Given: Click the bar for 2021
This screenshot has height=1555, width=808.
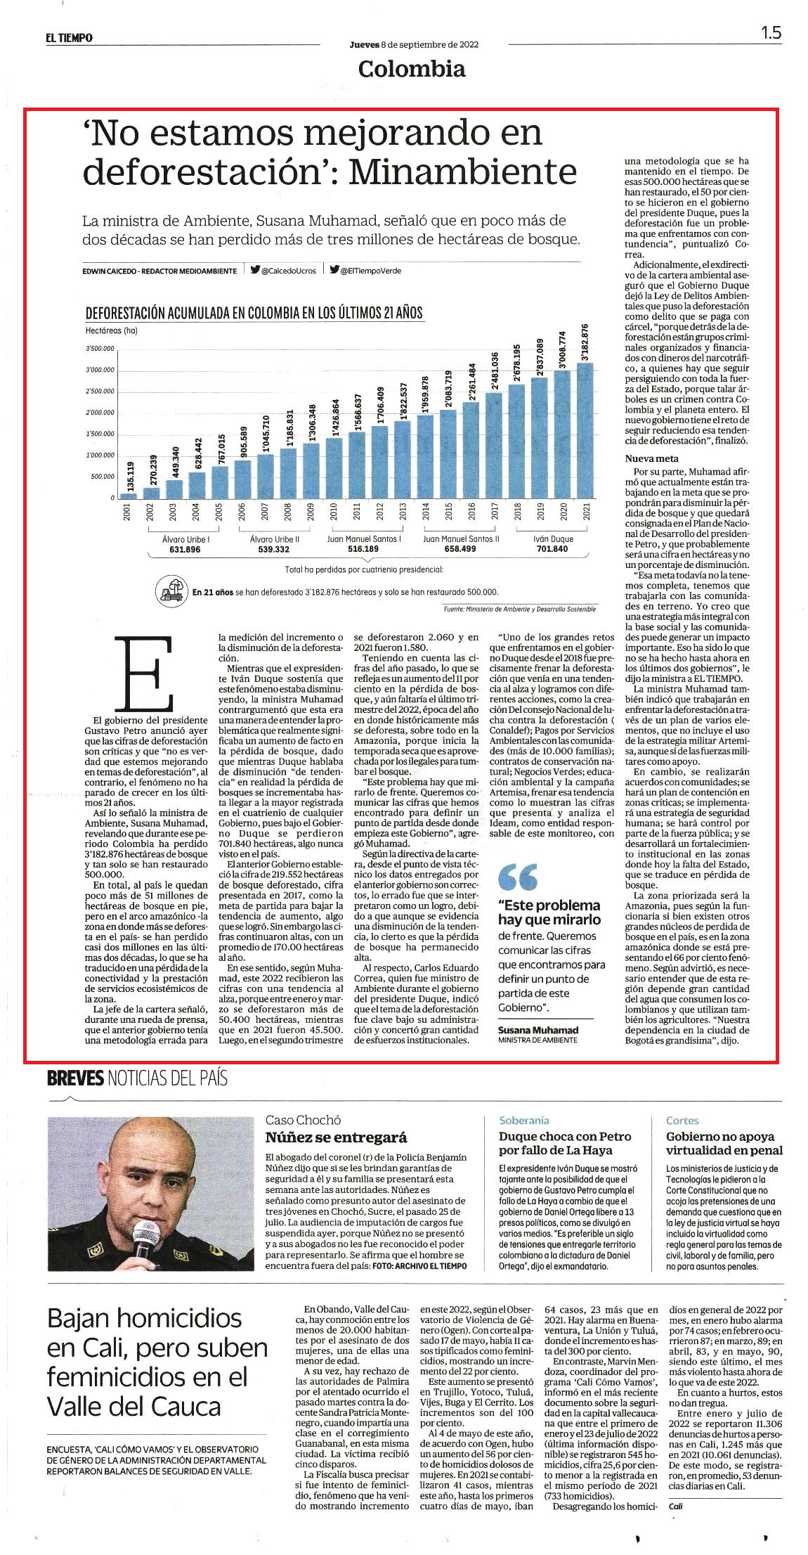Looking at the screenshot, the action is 585,430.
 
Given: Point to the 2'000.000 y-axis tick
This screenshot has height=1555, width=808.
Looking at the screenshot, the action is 100,413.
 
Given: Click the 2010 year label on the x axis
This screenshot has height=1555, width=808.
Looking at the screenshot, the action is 333,511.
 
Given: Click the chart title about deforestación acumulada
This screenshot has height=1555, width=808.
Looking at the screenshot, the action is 254,313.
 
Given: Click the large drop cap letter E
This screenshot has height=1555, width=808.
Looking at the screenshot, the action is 148,673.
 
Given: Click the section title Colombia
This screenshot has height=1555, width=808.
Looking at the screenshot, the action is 411,69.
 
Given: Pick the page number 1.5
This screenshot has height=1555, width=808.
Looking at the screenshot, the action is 771,33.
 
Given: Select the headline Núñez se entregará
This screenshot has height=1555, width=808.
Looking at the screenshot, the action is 337,1137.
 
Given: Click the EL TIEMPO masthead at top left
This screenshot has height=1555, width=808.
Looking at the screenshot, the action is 70,38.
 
